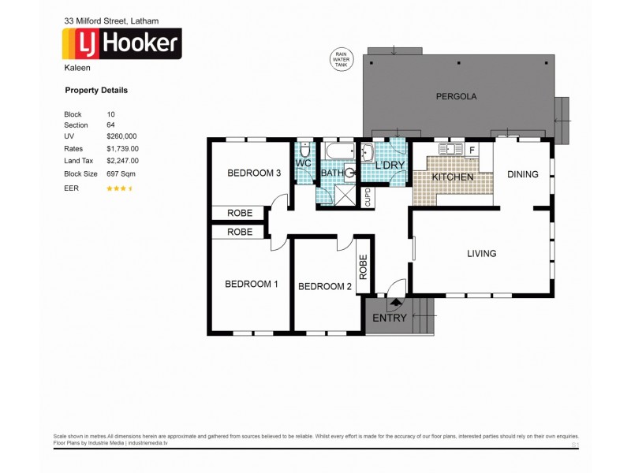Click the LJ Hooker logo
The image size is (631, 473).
point(121,44)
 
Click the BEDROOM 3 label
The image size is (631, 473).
point(254,173)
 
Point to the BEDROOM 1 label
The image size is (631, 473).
point(251,284)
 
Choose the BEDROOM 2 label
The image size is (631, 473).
point(324,286)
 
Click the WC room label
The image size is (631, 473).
point(304,163)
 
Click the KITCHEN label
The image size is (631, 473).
point(453,177)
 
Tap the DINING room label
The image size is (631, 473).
point(522,174)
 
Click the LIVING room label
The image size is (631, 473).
point(481,254)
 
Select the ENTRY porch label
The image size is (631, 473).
point(389,318)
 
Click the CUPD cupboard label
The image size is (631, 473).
point(368,197)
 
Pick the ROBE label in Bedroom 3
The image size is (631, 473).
point(240,213)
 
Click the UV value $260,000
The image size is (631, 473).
point(121,136)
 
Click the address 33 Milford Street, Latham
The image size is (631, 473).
point(105,19)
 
